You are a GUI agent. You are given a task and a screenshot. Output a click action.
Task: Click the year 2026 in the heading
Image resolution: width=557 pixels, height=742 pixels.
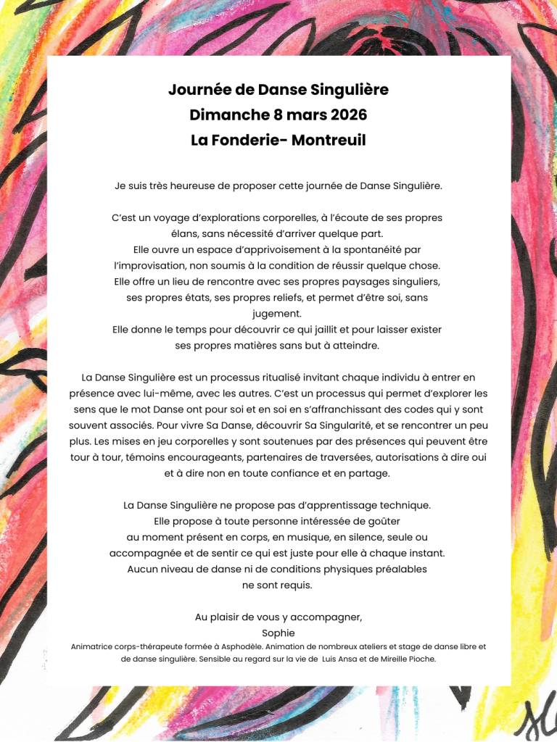click(x=349, y=115)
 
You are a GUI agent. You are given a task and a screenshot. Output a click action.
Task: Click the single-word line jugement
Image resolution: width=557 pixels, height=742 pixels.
click(x=278, y=313)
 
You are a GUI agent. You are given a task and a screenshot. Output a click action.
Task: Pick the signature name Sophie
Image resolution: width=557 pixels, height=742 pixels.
click(x=278, y=633)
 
